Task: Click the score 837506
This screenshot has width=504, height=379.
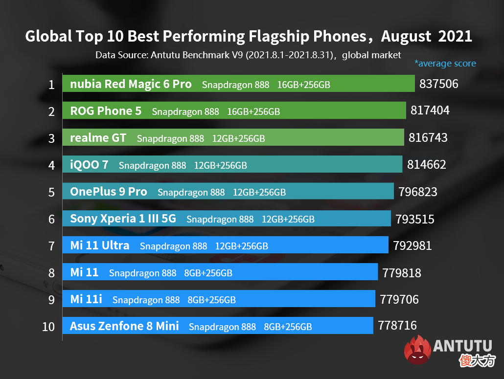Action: click(x=439, y=84)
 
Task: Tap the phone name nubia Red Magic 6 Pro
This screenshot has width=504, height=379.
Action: click(x=131, y=84)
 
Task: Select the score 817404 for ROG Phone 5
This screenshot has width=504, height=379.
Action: click(x=430, y=111)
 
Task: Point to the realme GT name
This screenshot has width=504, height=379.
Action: click(x=98, y=138)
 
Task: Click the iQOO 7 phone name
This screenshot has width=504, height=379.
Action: click(x=89, y=165)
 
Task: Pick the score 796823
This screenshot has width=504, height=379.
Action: click(x=418, y=192)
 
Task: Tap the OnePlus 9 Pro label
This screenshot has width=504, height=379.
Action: click(x=109, y=192)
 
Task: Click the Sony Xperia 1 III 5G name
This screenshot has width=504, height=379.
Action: click(x=123, y=219)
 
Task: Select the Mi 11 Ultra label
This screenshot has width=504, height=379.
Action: click(x=100, y=245)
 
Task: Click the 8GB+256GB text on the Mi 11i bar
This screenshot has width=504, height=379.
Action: click(x=211, y=300)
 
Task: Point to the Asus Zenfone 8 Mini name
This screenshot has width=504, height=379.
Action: click(x=124, y=326)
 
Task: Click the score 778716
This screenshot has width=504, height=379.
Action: click(x=397, y=325)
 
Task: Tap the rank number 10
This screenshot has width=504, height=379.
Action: click(x=48, y=327)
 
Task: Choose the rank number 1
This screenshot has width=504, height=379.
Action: click(x=51, y=85)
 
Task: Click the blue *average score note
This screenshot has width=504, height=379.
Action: click(x=445, y=63)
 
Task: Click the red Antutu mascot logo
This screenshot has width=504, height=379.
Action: click(x=417, y=350)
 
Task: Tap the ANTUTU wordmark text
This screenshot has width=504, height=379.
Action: click(x=462, y=346)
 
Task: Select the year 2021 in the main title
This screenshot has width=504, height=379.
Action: click(x=455, y=36)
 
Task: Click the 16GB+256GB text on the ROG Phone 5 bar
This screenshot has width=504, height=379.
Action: click(x=253, y=112)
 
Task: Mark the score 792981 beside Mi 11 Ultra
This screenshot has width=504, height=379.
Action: click(x=412, y=245)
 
